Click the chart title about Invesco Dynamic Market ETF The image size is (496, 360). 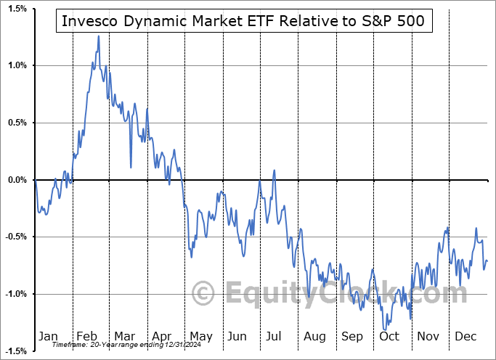click(x=243, y=22)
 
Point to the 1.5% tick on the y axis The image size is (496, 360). click(x=17, y=9)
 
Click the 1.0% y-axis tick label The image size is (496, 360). click(x=17, y=65)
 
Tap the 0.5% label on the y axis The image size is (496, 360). click(x=17, y=123)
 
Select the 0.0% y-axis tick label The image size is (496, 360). click(x=17, y=180)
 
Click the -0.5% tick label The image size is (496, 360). click(x=15, y=237)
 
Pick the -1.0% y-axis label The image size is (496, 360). click(x=15, y=294)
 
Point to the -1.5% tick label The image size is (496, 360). click(x=15, y=351)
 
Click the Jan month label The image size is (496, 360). click(x=47, y=336)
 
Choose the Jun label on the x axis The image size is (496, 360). click(x=237, y=336)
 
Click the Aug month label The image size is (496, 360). click(x=314, y=336)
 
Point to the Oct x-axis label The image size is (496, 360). click(x=390, y=336)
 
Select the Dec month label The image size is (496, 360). click(x=465, y=336)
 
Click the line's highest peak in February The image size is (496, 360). click(x=98, y=36)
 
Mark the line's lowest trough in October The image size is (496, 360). click(x=384, y=329)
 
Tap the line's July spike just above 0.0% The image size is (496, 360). click(x=274, y=171)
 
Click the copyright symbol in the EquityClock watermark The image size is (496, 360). click(x=204, y=293)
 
